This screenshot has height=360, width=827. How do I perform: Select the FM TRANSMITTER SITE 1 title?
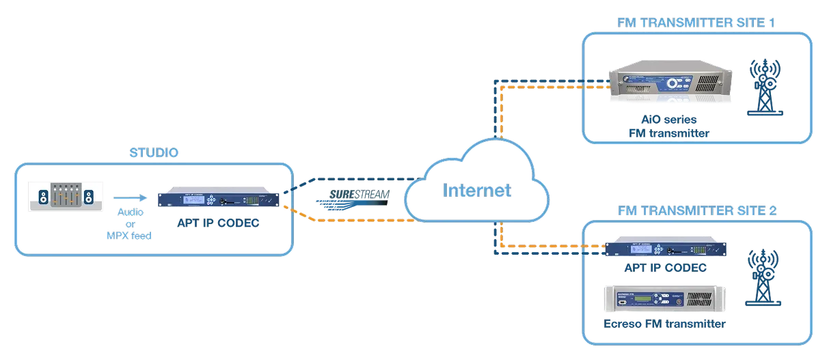click(696, 23)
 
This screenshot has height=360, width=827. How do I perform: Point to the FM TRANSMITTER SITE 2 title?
click(696, 210)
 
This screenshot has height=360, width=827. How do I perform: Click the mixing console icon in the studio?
click(66, 196)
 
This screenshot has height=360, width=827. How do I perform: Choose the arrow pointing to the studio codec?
click(129, 199)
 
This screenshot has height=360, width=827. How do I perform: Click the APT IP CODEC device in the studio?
click(218, 200)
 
